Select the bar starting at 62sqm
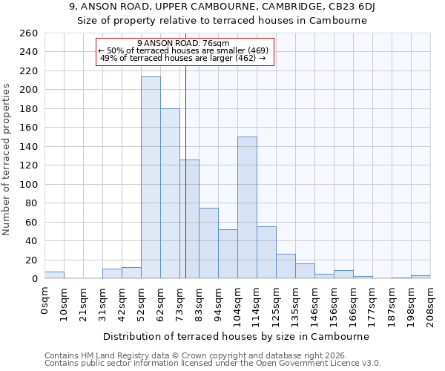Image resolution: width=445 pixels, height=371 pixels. pos(170,194)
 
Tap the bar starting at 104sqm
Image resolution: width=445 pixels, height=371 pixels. pos(247,208)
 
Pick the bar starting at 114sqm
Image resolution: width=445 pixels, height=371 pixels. pos(266,252)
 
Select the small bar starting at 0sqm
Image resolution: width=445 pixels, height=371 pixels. pos(54,275)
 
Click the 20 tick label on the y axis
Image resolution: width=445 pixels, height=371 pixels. pos(31,260)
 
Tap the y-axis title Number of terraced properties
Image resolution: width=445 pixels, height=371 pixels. pos(7,160)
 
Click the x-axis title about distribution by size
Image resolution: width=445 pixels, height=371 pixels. pos(236,336)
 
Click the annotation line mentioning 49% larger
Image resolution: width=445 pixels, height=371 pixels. pos(182,58)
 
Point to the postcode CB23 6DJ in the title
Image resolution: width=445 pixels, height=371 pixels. pos(349,7)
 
